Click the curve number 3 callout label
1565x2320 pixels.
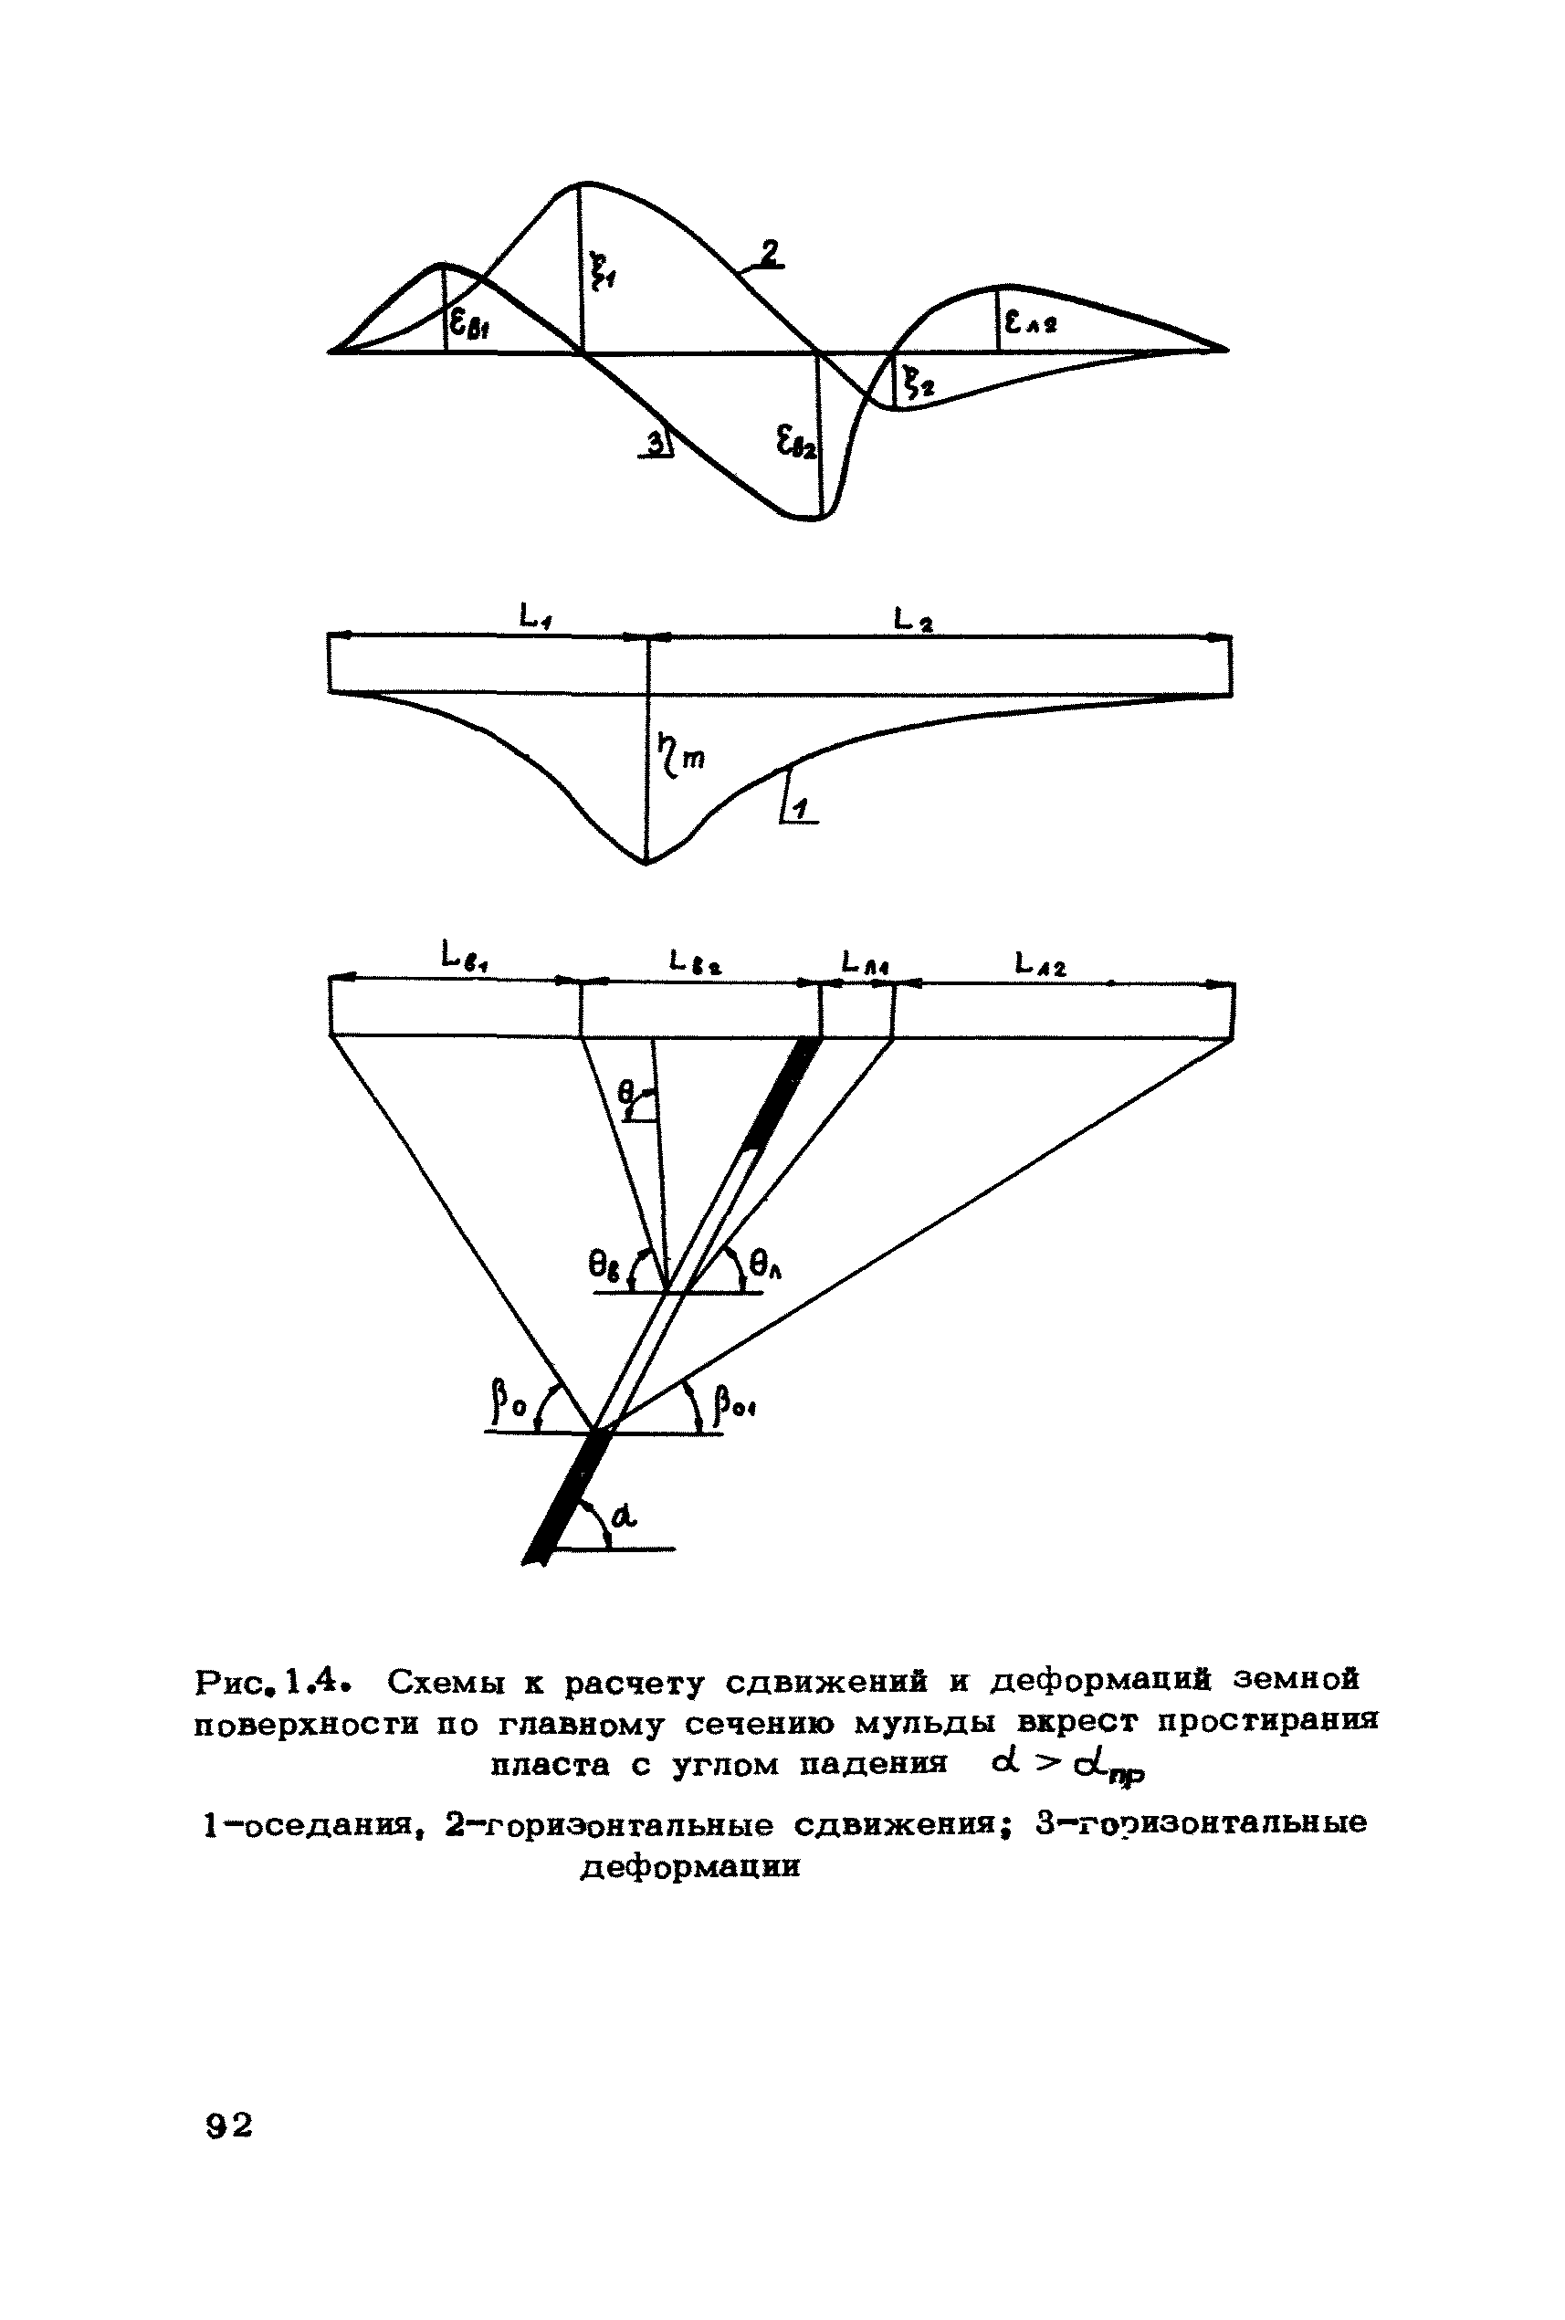(656, 443)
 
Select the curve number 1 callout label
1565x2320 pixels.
(801, 808)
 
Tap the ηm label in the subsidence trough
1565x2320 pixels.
(681, 755)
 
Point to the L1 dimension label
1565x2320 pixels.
(536, 619)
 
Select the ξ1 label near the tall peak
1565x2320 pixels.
(603, 269)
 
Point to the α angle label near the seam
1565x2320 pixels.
(624, 1517)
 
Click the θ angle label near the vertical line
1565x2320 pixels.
(626, 1095)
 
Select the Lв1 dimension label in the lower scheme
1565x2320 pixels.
(465, 959)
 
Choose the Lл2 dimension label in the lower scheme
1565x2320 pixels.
(1040, 964)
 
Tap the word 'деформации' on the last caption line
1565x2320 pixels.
(690, 1866)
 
